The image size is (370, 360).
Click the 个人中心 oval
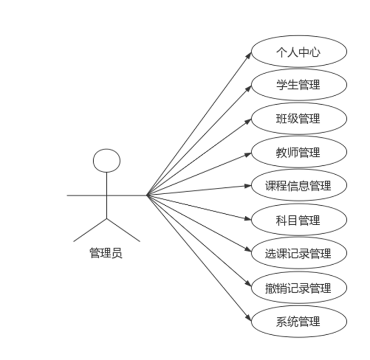298,52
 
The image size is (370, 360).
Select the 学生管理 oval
298,85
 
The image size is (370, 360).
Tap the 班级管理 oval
298,118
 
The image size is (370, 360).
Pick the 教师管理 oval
298,153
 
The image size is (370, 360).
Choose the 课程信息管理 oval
298,186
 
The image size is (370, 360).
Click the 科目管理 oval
298,220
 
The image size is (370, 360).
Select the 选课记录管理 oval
298,254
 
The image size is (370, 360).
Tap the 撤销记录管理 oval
298,288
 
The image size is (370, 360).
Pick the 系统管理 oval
298,322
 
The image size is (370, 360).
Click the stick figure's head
106,161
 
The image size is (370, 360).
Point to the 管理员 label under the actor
106,254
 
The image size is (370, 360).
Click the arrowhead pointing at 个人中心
249,54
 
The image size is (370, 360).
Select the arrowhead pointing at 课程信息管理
249,186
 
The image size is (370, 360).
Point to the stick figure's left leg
90,230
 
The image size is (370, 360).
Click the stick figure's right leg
124,230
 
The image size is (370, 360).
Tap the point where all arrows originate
148,195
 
